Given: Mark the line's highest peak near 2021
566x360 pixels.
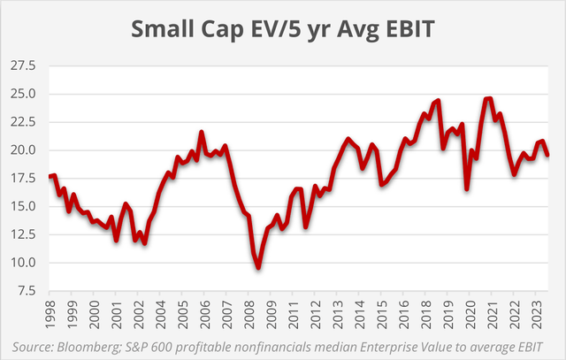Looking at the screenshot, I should [x=487, y=98].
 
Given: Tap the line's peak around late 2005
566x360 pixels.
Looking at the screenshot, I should [x=202, y=133].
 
